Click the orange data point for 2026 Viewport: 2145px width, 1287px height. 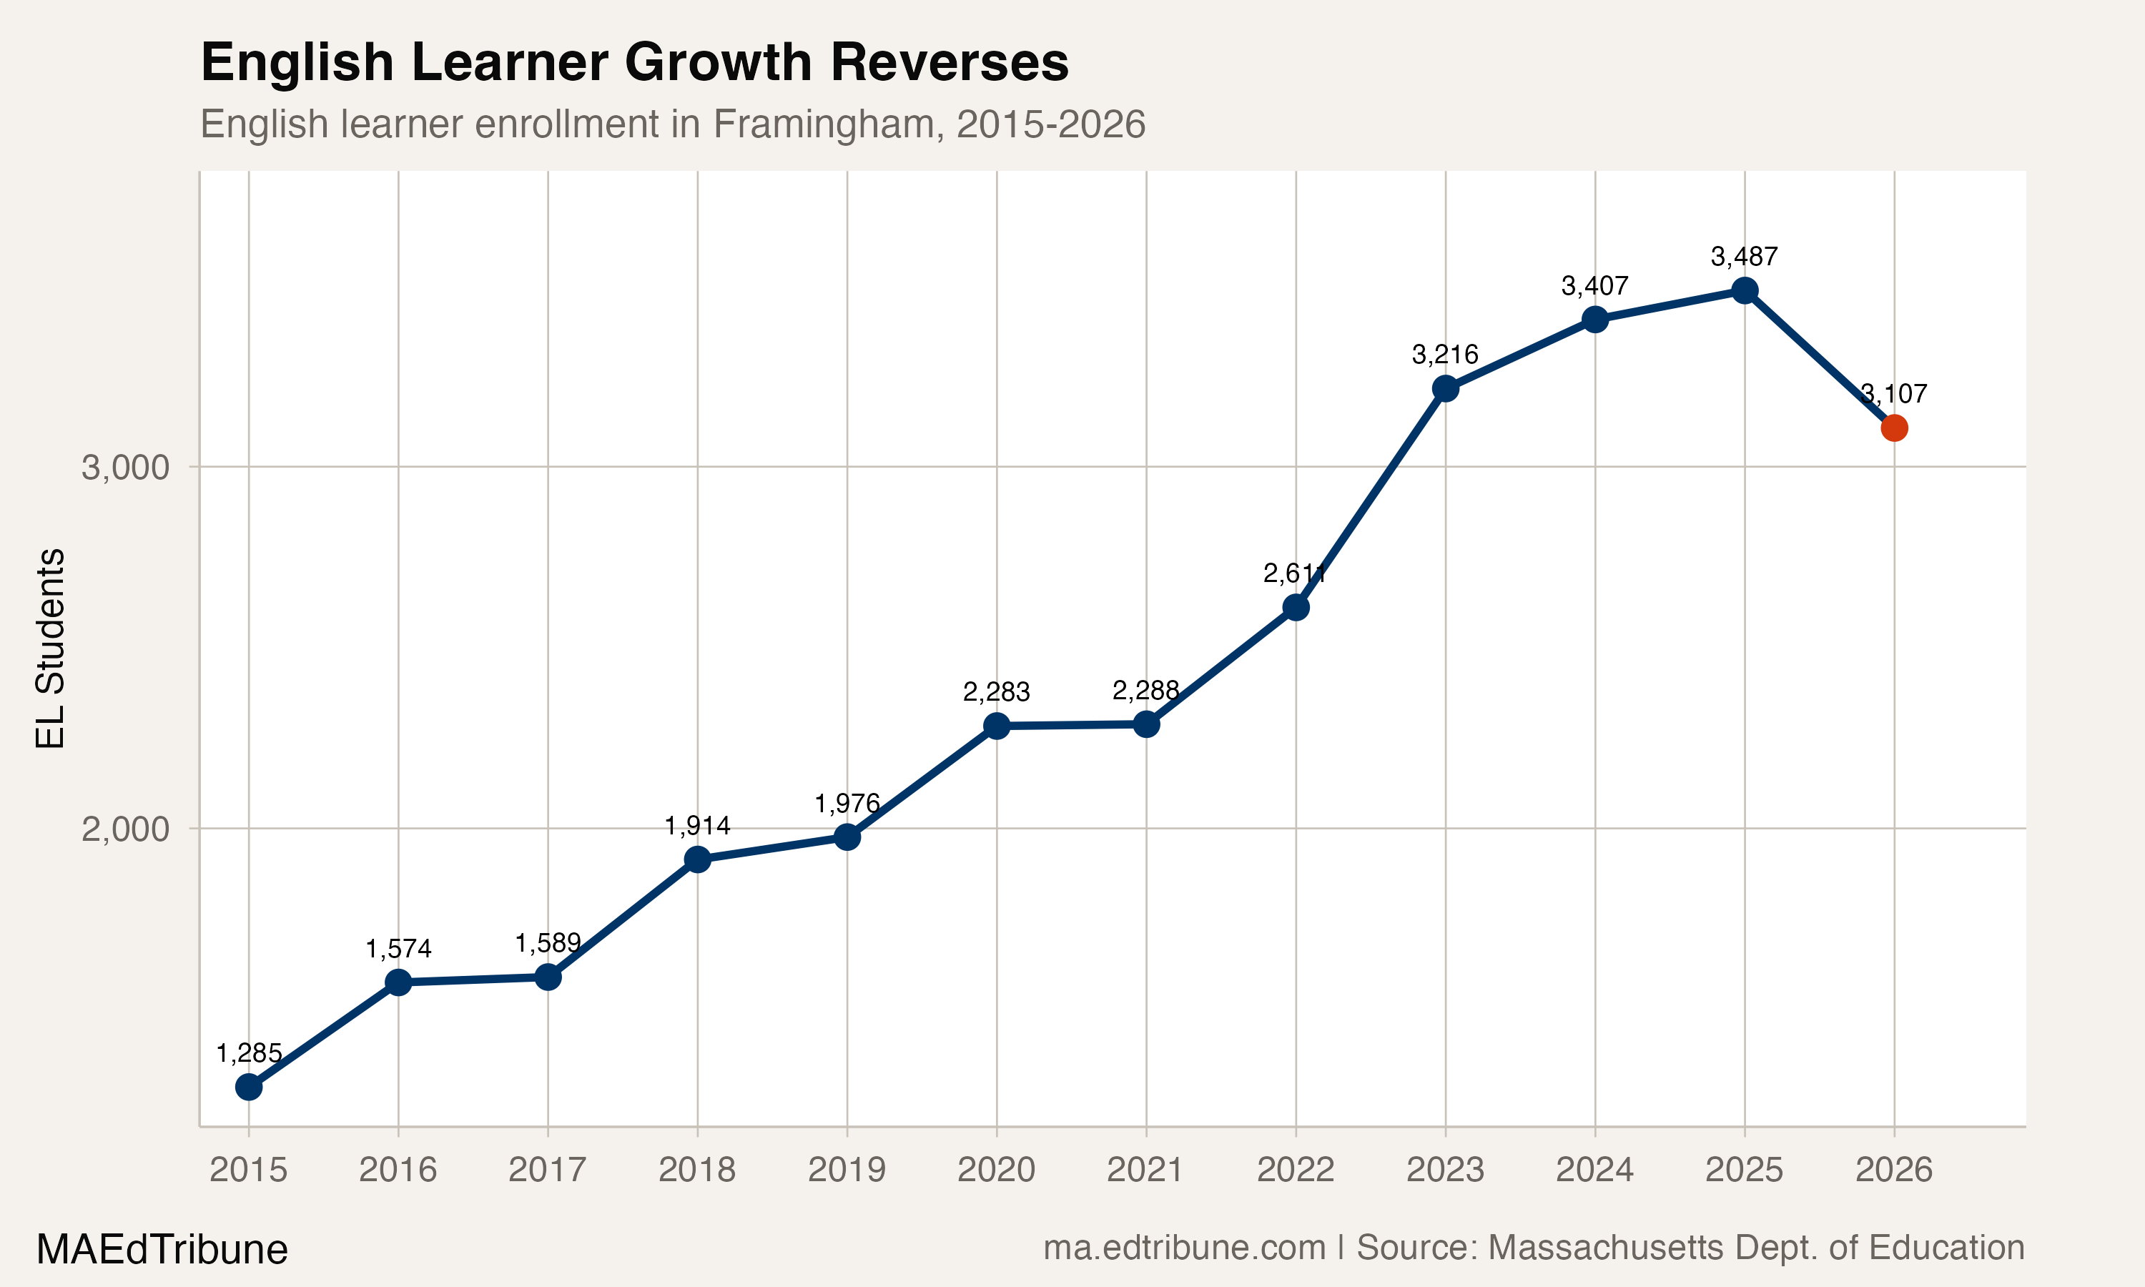(1893, 428)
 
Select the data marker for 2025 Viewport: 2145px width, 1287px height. (1745, 290)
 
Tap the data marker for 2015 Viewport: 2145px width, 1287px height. (249, 1087)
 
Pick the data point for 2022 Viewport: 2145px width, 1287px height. (1296, 607)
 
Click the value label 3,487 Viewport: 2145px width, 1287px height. (1745, 257)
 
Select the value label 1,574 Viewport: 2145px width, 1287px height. (398, 949)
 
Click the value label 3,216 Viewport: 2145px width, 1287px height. (1445, 354)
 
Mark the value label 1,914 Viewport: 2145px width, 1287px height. (697, 825)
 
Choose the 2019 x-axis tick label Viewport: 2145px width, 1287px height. (847, 1170)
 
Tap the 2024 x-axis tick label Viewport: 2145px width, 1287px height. (1594, 1170)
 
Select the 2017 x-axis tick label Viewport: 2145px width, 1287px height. (547, 1170)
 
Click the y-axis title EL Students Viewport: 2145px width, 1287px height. (50, 648)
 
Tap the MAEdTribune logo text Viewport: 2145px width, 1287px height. (162, 1250)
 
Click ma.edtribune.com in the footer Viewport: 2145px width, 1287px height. (1184, 1248)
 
